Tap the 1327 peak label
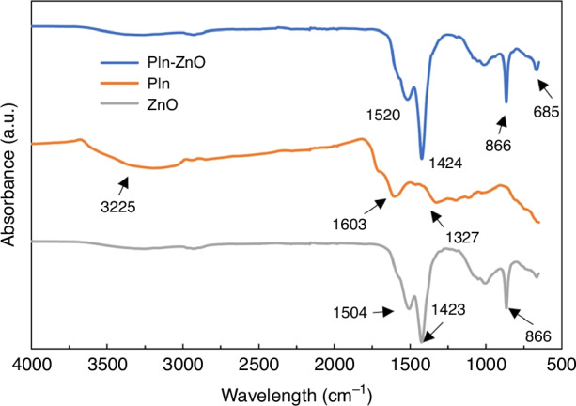[x=461, y=239]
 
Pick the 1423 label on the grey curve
[x=448, y=306]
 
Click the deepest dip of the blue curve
[x=421, y=158]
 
